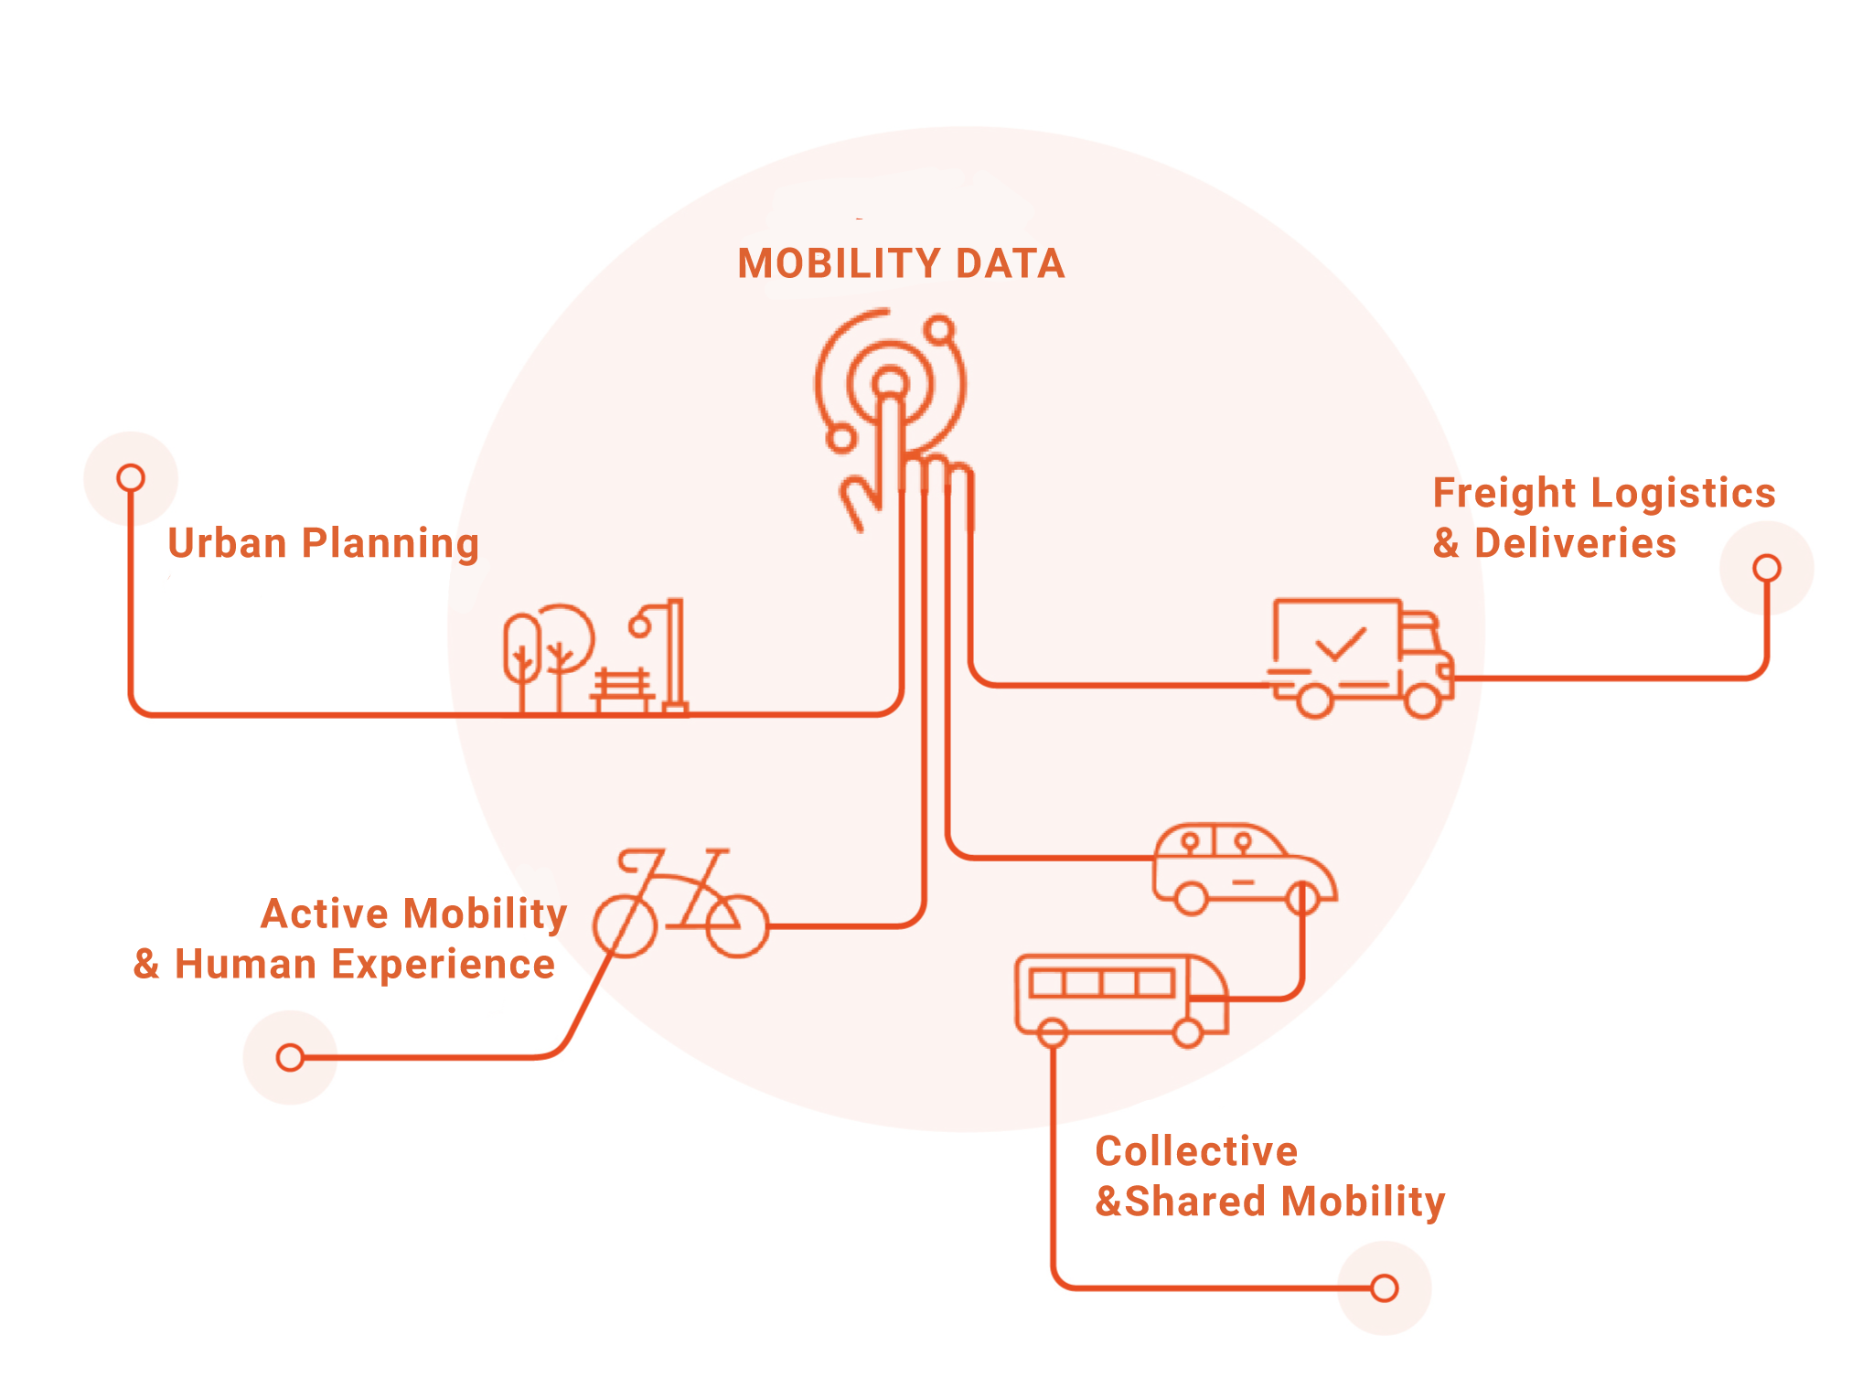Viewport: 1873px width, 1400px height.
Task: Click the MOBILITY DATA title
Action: coord(901,263)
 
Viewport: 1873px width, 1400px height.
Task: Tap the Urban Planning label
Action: coord(323,543)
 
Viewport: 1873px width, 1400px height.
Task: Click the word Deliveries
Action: coord(1575,543)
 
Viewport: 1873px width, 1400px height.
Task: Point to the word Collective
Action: coord(1196,1151)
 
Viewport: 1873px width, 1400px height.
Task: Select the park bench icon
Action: coord(622,689)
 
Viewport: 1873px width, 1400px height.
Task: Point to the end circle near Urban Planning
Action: coord(131,477)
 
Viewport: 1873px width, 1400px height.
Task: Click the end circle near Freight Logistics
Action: coord(1766,568)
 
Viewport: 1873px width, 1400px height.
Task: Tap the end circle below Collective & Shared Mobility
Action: coord(1384,1288)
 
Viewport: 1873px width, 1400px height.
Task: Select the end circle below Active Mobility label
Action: coord(290,1057)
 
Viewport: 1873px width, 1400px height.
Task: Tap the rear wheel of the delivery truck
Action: coord(1315,700)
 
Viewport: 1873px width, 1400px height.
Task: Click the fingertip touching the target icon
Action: coord(889,384)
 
